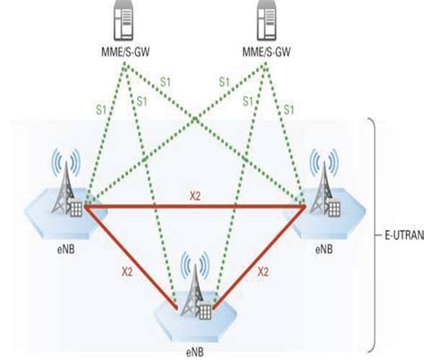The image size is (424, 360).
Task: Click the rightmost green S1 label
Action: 290,109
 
